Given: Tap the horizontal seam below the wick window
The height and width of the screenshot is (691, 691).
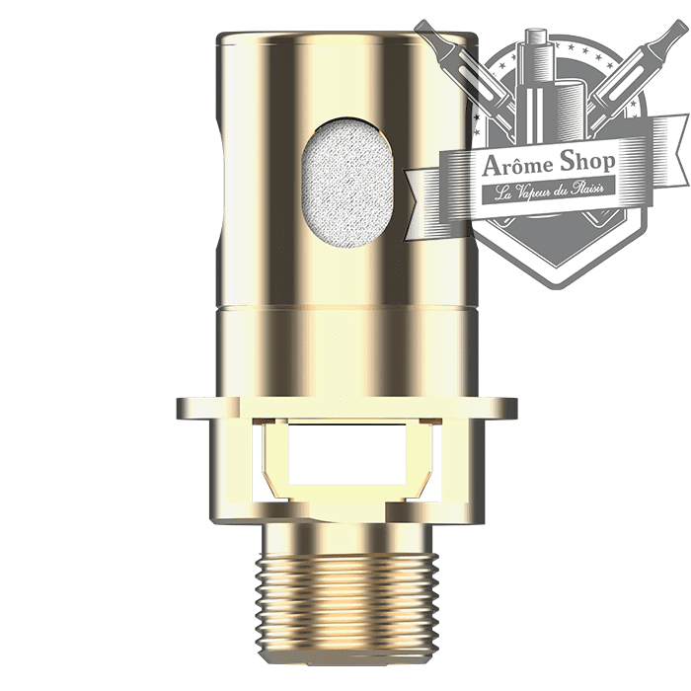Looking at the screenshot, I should point(345,305).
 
